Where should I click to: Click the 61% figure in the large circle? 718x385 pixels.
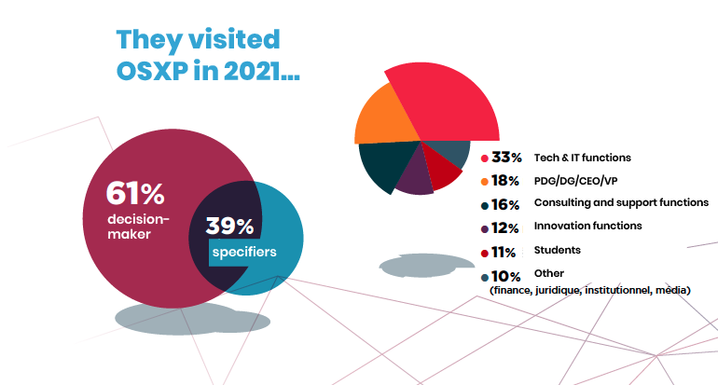(135, 193)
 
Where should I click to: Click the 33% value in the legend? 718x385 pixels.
(507, 158)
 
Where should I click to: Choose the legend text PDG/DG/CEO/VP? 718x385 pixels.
(574, 180)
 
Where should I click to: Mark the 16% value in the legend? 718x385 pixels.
(507, 203)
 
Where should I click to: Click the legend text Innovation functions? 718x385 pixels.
(587, 226)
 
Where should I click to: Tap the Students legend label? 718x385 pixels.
(557, 250)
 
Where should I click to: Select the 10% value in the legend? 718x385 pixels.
(506, 276)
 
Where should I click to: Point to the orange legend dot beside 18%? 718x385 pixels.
(485, 181)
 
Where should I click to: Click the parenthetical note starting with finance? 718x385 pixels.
(589, 291)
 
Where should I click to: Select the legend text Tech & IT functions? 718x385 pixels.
(582, 158)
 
